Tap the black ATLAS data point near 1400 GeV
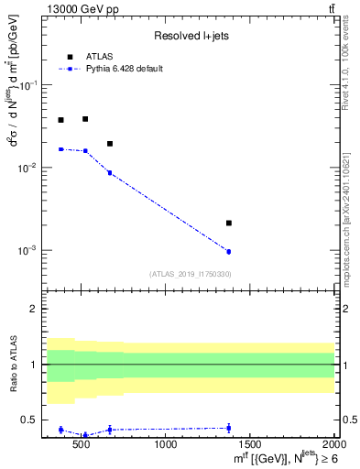229,223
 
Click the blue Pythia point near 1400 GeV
229,251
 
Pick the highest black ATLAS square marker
85,119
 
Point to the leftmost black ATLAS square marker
61,120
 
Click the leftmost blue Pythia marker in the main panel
61,148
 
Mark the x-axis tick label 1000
167,445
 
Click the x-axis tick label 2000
334,445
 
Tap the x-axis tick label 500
82,445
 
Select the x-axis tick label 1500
250,445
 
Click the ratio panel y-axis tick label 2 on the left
34,309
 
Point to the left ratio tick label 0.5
29,420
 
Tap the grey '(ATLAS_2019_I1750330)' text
190,274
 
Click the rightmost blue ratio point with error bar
229,428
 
